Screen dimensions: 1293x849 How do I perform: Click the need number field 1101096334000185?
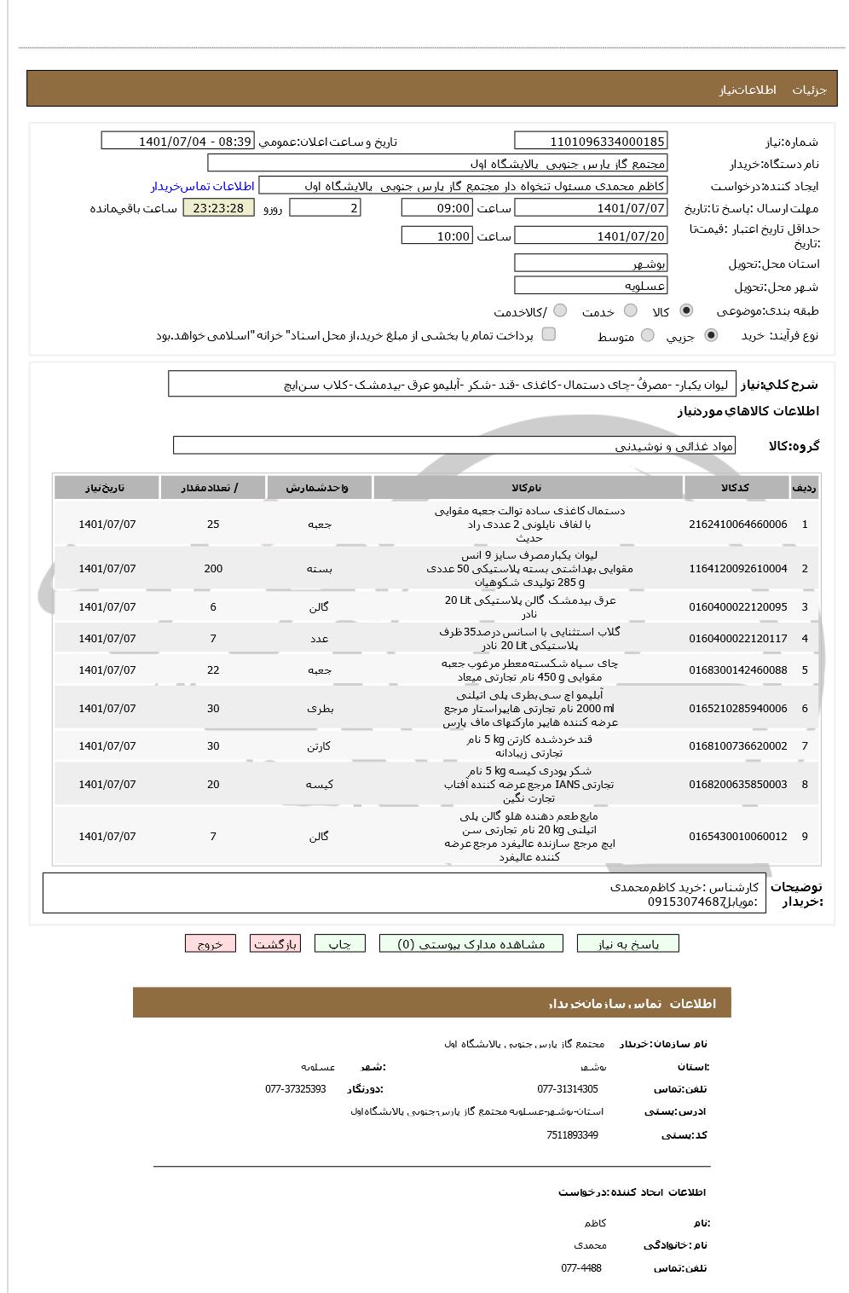(x=591, y=142)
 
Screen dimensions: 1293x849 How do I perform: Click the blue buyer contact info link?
(x=203, y=186)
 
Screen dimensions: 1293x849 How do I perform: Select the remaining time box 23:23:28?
(x=218, y=208)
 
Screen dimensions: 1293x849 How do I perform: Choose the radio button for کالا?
(x=686, y=311)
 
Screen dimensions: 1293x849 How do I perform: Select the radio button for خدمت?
(x=631, y=311)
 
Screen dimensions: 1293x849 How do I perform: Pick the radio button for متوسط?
(x=648, y=336)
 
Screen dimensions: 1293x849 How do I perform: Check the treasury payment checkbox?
(x=549, y=334)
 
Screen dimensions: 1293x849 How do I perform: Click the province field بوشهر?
(x=591, y=264)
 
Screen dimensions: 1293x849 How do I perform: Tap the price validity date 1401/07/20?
(x=591, y=236)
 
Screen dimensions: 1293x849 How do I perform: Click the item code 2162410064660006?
(x=737, y=525)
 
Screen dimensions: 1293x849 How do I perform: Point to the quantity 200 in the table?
(x=213, y=569)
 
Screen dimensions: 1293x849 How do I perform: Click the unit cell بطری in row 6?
(x=319, y=709)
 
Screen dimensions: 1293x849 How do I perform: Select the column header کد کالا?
(x=736, y=488)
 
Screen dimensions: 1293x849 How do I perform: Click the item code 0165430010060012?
(x=737, y=837)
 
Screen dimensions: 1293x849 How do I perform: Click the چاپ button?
(x=340, y=944)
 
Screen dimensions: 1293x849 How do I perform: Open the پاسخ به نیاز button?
(x=628, y=944)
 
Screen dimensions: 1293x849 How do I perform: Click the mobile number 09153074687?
(x=686, y=902)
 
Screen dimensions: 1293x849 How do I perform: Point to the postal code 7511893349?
(x=572, y=1135)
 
